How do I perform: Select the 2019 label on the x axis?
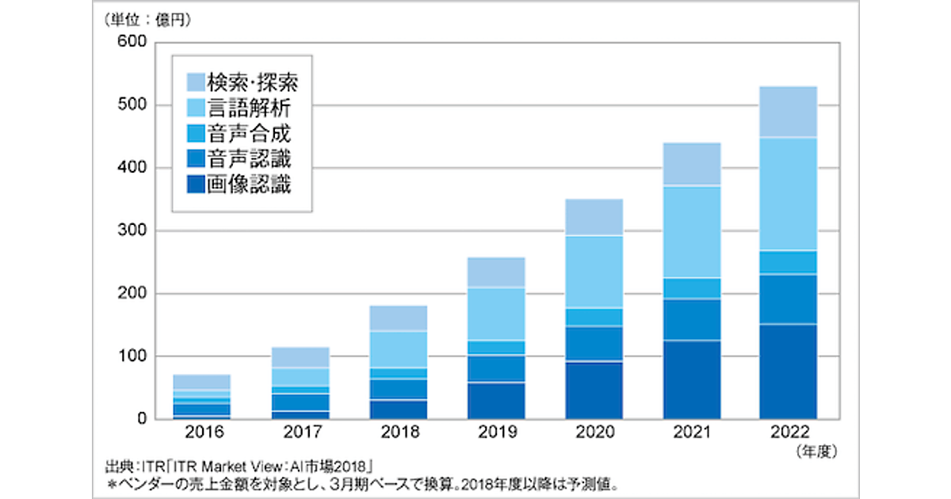coord(495,432)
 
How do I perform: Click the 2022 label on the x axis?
coord(788,432)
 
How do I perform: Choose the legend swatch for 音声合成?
coord(195,134)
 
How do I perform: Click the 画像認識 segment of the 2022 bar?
coord(788,371)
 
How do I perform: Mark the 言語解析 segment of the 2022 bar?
coord(788,194)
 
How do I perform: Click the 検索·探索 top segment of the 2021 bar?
coord(692,164)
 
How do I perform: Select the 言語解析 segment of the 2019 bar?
coord(495,314)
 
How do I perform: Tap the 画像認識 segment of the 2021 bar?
coord(692,379)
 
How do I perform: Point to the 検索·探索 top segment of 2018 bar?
coord(399,318)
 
